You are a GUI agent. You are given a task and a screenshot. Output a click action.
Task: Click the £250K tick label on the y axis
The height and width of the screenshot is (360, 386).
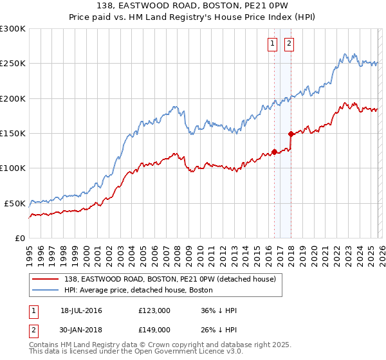click(x=13, y=64)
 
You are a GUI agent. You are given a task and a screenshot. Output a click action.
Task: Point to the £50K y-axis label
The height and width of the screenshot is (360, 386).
click(x=15, y=203)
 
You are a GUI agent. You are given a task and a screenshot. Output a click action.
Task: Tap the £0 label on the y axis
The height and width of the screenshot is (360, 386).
click(x=20, y=238)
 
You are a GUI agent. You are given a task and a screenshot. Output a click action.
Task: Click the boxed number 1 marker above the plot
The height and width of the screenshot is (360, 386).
click(x=272, y=44)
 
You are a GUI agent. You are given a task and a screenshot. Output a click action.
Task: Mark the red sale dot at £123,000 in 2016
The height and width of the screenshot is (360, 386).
click(x=274, y=152)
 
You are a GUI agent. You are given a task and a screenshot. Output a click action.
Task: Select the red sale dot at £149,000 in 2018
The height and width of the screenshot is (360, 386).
click(x=291, y=134)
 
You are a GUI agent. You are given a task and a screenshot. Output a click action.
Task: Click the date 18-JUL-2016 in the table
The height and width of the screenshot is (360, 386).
click(x=81, y=310)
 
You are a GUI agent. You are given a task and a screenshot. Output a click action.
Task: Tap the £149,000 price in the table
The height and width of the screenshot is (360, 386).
click(x=154, y=329)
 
